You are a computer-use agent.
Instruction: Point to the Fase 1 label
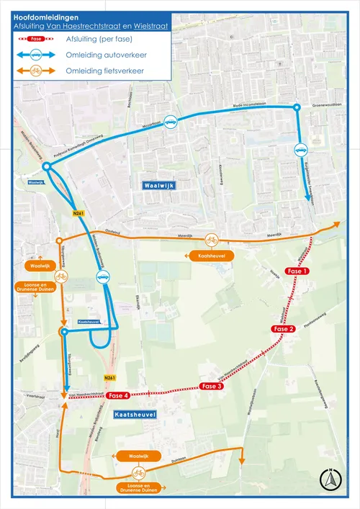(297, 271)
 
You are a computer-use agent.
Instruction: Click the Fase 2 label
(282, 329)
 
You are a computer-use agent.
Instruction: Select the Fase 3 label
(212, 387)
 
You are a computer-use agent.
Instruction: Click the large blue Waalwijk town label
(158, 185)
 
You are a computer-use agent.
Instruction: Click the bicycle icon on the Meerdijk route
(211, 239)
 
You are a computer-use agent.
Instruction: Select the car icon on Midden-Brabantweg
(104, 276)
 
